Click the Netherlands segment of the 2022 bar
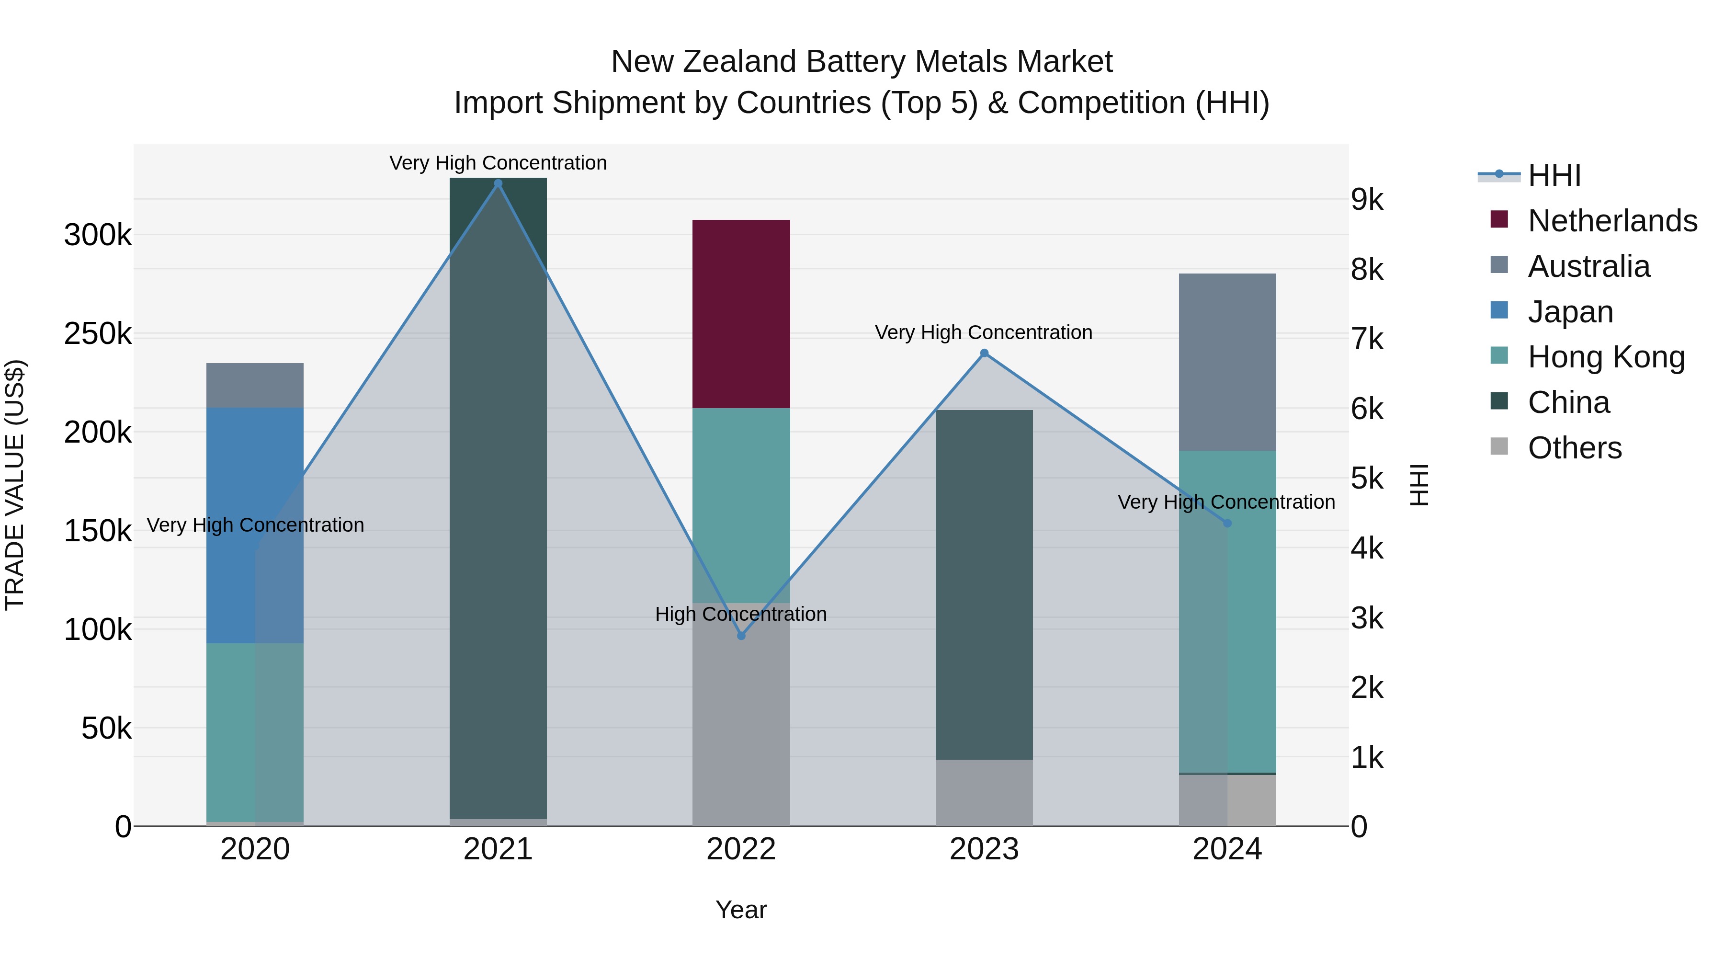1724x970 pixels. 741,313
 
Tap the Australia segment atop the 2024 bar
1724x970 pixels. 1227,362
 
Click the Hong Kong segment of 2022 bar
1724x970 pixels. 741,505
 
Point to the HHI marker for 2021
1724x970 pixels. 498,183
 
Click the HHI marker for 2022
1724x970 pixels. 741,635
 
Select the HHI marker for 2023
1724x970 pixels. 984,353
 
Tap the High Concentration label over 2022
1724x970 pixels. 741,614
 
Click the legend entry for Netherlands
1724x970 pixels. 1612,220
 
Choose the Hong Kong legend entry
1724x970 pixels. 1606,357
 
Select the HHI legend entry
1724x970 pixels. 1554,175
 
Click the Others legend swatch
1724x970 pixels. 1499,446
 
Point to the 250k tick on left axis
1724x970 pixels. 98,333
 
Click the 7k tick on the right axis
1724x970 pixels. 1367,340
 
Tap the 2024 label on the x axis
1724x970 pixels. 1227,849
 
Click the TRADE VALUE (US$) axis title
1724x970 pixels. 15,485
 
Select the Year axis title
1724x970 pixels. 741,910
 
